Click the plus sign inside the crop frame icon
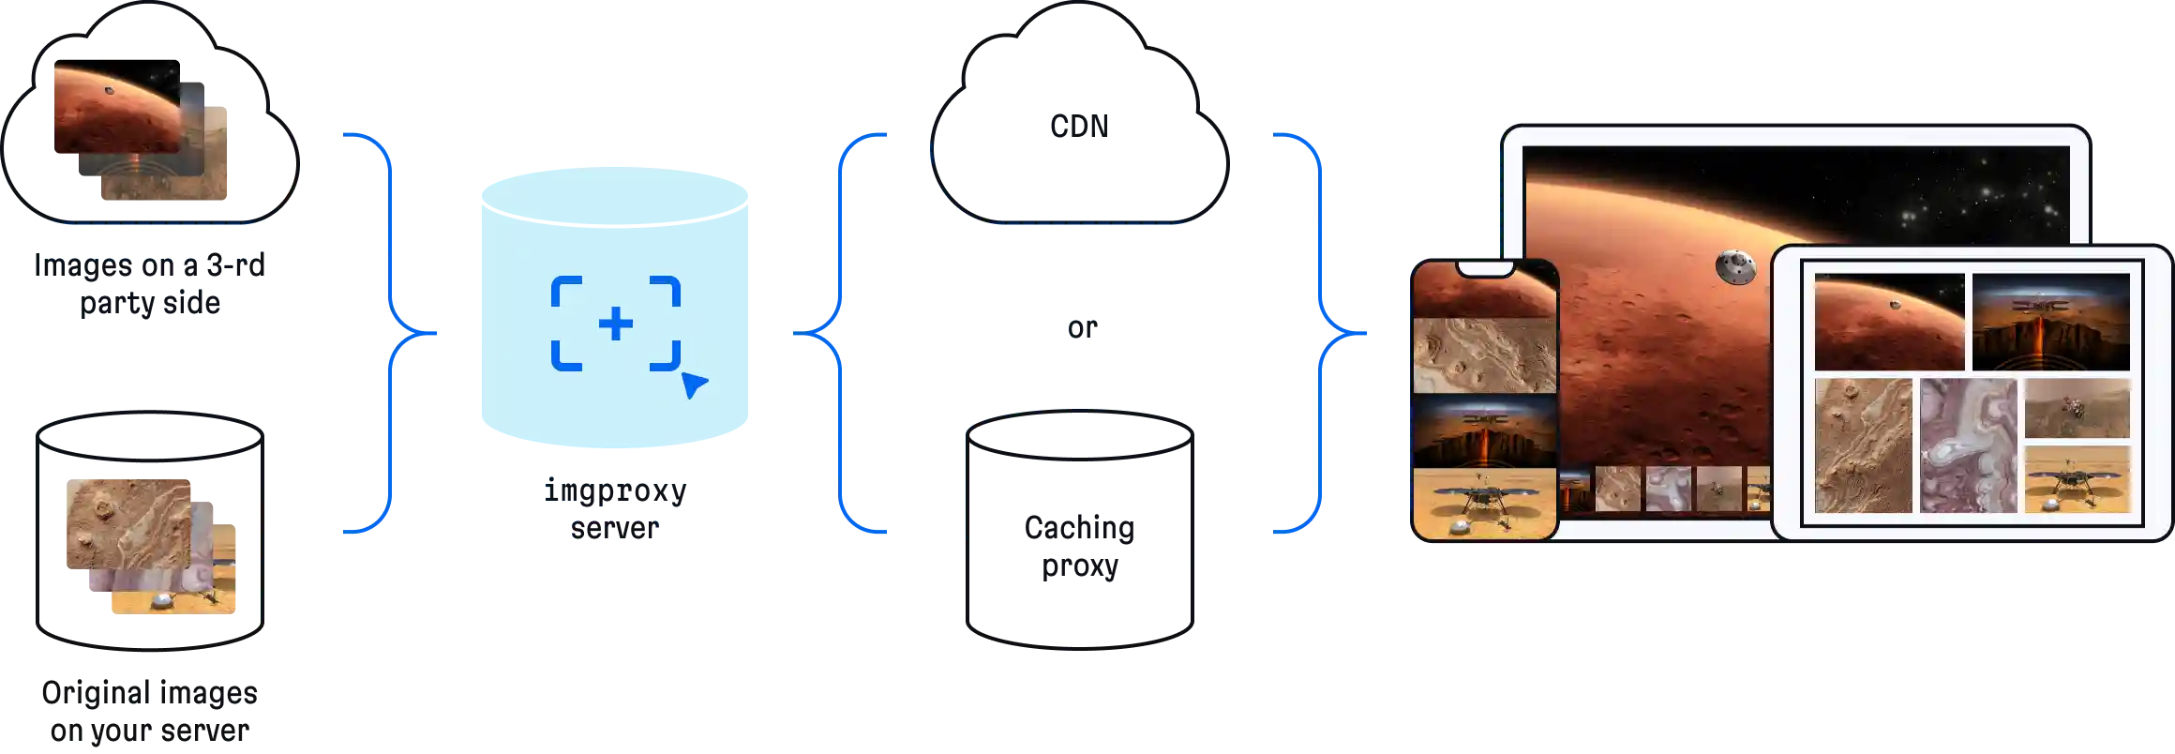point(615,324)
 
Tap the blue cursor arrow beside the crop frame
point(693,385)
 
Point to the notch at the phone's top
point(1485,269)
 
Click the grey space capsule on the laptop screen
point(1735,267)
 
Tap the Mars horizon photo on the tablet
point(1888,322)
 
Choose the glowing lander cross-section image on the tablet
point(2050,322)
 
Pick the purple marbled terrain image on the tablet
point(1967,445)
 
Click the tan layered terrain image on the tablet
point(1862,445)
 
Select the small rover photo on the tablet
point(2077,408)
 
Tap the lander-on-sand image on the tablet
point(2077,479)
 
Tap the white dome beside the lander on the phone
point(1460,527)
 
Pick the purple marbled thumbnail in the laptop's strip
point(1668,489)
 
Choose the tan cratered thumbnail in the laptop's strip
point(1617,489)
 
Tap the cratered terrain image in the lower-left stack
point(124,521)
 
